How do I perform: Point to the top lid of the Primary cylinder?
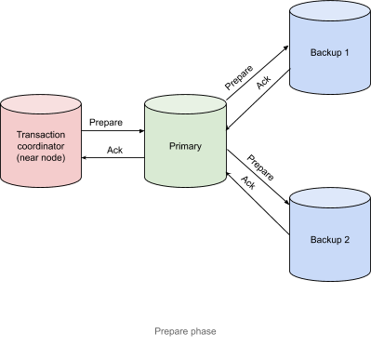186,105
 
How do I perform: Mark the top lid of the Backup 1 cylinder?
330,12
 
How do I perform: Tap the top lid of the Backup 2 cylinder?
330,198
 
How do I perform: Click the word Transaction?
42,134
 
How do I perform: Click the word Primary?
186,147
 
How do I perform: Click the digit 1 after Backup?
347,53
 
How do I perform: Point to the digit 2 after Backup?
347,239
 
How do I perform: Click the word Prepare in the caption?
173,332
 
